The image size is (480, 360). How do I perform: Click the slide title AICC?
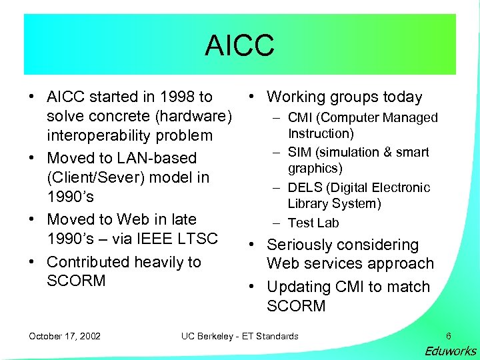coord(239,45)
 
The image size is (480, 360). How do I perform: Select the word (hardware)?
coord(193,117)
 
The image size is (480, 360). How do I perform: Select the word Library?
coord(307,203)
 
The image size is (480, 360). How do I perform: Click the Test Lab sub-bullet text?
coord(313,223)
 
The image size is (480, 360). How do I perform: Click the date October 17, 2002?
coord(65,336)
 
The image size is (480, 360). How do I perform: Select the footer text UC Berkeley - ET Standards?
coord(239,336)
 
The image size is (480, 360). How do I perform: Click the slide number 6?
coord(448,336)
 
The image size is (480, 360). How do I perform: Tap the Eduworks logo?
coord(451,351)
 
